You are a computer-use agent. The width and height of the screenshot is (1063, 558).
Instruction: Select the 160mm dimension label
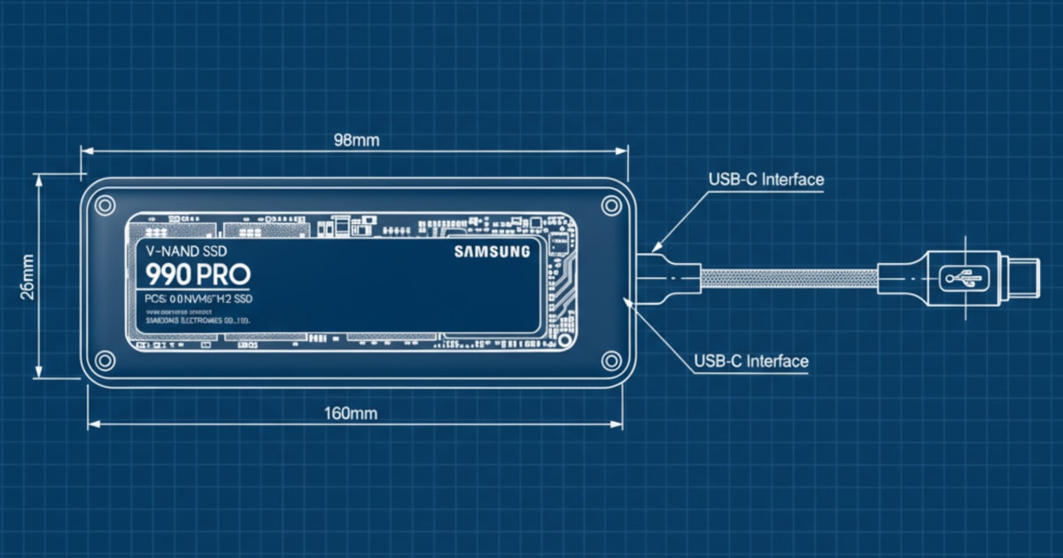[352, 413]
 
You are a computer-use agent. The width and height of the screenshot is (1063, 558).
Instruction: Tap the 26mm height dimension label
[27, 277]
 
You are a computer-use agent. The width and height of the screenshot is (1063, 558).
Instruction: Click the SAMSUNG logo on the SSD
[493, 252]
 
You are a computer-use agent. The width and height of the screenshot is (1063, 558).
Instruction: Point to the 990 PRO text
[198, 274]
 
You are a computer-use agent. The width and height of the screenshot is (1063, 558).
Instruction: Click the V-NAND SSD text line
[187, 251]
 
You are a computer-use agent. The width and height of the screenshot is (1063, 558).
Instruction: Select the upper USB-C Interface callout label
[765, 180]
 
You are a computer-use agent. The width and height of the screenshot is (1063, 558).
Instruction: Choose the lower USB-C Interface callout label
[750, 361]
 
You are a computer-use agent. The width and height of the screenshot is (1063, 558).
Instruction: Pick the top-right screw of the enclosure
[610, 205]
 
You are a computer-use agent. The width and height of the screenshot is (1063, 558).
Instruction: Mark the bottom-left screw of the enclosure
[105, 360]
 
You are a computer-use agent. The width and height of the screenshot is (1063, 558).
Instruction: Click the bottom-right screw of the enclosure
[610, 360]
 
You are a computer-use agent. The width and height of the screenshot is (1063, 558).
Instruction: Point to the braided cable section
[788, 278]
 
